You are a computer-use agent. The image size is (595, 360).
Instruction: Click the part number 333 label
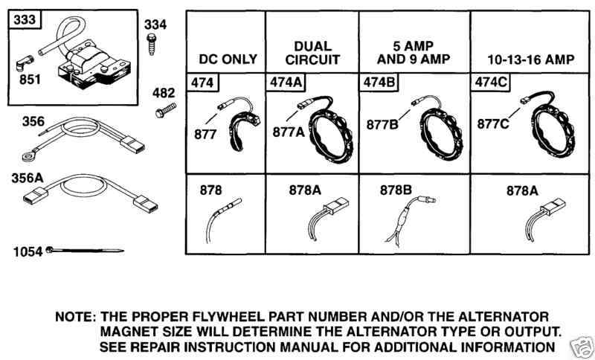[x=25, y=19]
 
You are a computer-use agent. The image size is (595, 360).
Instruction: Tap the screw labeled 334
[x=152, y=44]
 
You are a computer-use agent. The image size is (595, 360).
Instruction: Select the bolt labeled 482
[x=165, y=110]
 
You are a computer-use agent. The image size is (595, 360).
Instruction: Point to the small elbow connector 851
[x=25, y=63]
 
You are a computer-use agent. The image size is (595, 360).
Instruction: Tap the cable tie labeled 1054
[x=85, y=251]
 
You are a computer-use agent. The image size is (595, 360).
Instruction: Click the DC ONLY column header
[x=228, y=60]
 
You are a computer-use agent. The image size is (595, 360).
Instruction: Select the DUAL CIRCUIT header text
[x=312, y=53]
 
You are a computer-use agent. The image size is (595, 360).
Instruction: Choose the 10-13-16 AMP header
[x=530, y=60]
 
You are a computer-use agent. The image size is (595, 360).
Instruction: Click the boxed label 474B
[x=378, y=83]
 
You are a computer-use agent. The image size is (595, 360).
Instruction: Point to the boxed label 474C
[x=491, y=83]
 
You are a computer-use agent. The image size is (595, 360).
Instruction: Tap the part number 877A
[x=289, y=132]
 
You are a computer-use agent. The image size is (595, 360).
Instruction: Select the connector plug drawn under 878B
[x=426, y=199]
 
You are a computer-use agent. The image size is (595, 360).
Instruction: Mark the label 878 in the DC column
[x=210, y=190]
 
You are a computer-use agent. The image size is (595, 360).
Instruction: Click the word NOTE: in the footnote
[x=75, y=316]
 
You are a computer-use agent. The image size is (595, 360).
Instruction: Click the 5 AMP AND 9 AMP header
[x=414, y=53]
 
